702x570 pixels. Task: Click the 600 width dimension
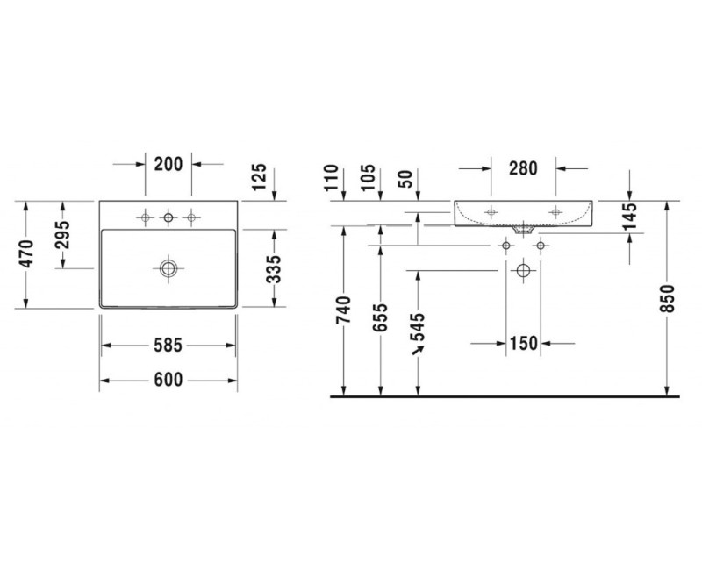pyautogui.click(x=168, y=381)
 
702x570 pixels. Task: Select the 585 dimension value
pyautogui.click(x=168, y=346)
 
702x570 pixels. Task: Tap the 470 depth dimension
pyautogui.click(x=27, y=254)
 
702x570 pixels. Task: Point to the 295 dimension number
pyautogui.click(x=63, y=235)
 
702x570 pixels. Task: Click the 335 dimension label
pyautogui.click(x=274, y=269)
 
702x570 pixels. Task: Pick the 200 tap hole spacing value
pyautogui.click(x=168, y=164)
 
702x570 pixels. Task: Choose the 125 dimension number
pyautogui.click(x=259, y=177)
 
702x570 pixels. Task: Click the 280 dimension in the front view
pyautogui.click(x=523, y=168)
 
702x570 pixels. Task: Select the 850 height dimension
pyautogui.click(x=667, y=299)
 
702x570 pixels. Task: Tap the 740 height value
pyautogui.click(x=344, y=310)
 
